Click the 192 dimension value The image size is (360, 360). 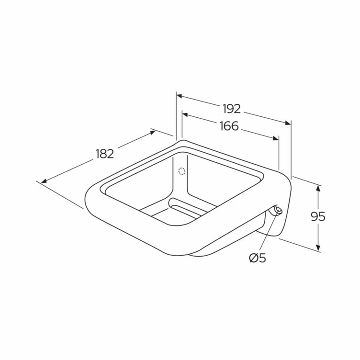[232, 109]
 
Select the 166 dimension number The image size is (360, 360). [229, 126]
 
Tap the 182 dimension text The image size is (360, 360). [105, 154]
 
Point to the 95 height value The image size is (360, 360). [318, 216]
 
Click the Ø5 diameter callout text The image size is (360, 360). [258, 259]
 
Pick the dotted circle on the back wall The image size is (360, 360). [182, 171]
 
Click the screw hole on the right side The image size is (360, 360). [277, 210]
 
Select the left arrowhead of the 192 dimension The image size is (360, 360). [180, 96]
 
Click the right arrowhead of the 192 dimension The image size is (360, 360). [288, 123]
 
